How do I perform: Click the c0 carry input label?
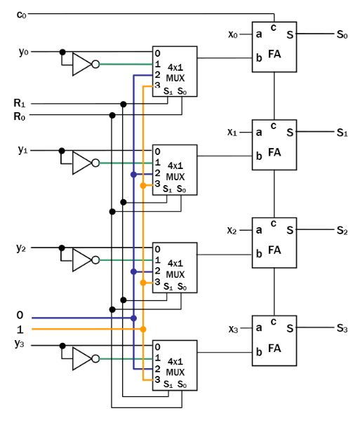pos(21,14)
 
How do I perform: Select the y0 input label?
pos(22,52)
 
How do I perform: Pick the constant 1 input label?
pos(20,329)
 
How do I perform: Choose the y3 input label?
pos(21,343)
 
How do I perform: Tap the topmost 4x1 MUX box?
pos(175,72)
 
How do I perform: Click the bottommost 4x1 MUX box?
pos(175,365)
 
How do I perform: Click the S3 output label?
pos(342,328)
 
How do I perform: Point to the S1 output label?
pos(342,132)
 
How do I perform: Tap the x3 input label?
pos(233,328)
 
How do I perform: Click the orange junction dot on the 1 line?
pos(143,329)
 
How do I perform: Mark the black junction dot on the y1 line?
pos(62,150)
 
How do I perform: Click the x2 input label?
pos(233,230)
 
